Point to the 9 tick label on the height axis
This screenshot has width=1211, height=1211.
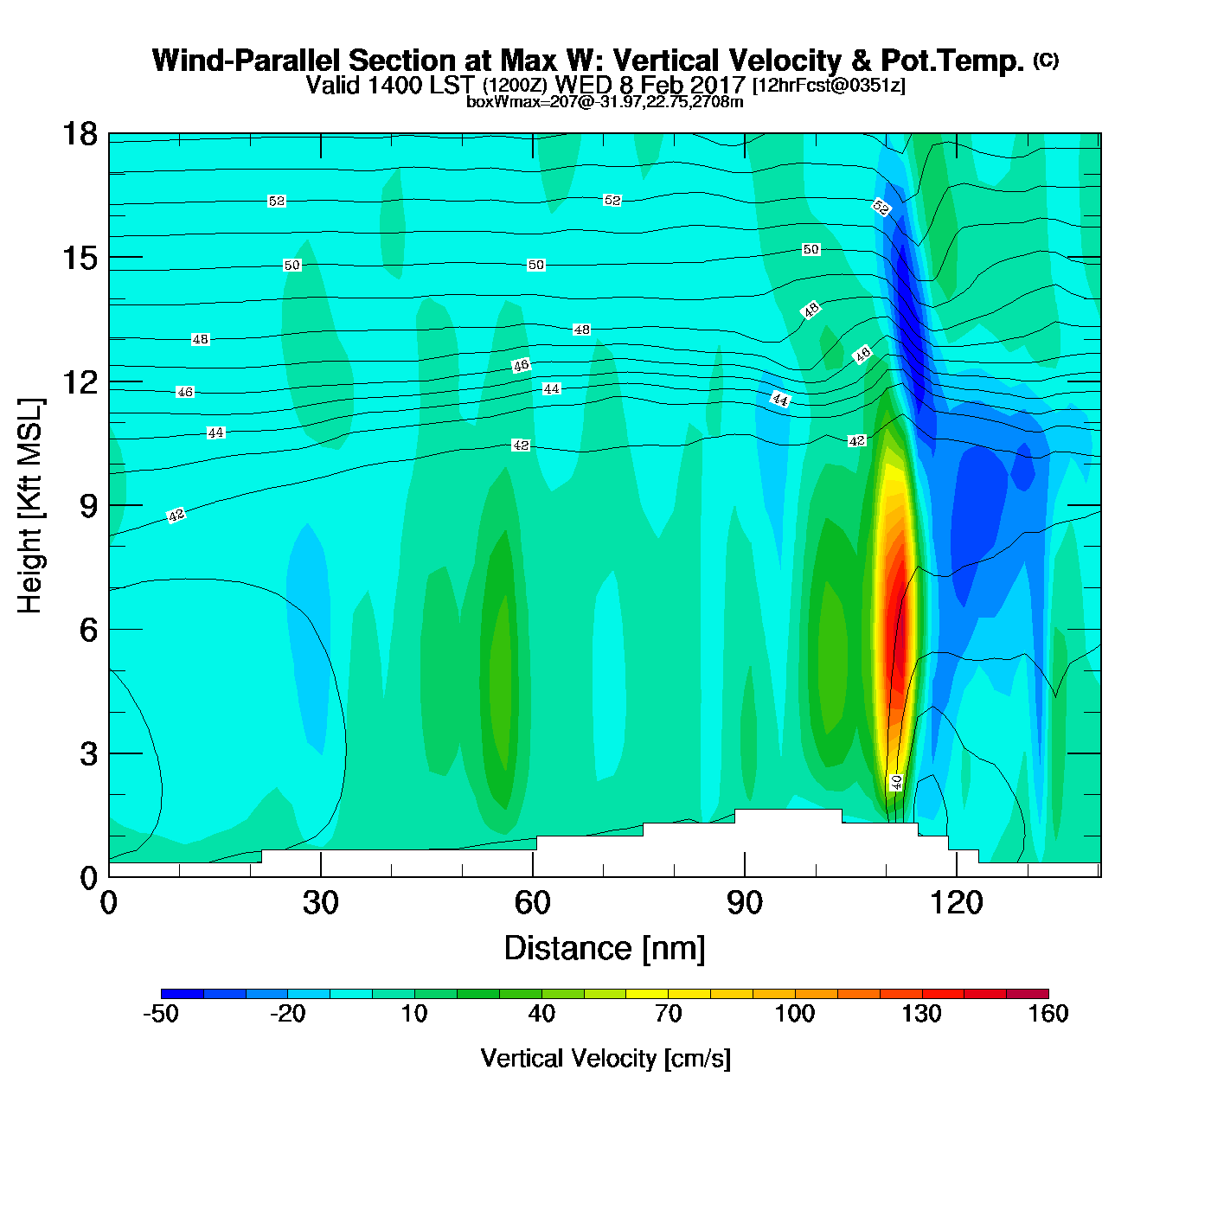click(x=88, y=506)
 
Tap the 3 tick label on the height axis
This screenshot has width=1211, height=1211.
click(x=88, y=754)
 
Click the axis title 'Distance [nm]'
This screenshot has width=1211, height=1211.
click(x=605, y=949)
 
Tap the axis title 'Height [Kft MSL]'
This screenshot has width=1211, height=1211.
click(x=30, y=506)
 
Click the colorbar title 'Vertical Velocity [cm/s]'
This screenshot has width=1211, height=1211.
click(x=605, y=1058)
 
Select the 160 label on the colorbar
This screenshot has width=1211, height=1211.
click(x=1048, y=1014)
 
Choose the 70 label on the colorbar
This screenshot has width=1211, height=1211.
click(x=668, y=1014)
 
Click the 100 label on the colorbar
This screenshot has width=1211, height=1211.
click(x=794, y=1014)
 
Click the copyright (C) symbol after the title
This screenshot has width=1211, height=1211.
click(x=1046, y=60)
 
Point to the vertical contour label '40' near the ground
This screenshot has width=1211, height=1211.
click(x=896, y=782)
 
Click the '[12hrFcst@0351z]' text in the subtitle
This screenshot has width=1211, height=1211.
click(x=829, y=86)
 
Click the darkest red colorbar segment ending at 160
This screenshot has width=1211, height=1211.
click(x=1028, y=994)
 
